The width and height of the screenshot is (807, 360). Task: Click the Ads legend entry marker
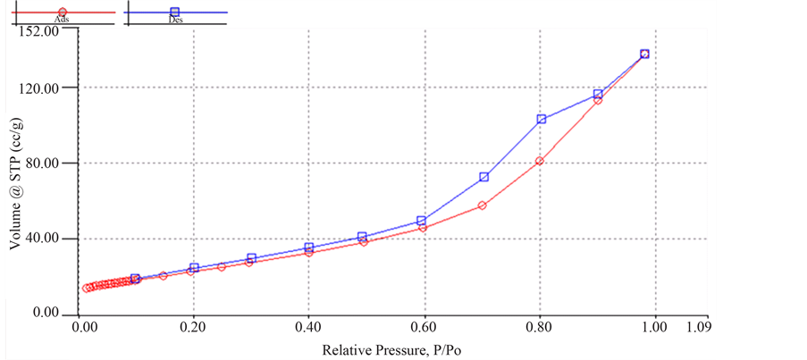point(62,13)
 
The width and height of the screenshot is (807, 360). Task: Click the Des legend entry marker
point(175,13)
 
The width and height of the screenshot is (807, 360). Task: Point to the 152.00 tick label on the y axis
point(38,31)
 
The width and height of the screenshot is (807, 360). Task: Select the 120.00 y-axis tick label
point(38,88)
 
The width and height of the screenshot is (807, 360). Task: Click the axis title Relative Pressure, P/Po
point(392,348)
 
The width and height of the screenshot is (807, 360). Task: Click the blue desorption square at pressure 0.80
point(541,119)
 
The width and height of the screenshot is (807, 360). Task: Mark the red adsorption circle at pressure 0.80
point(540,161)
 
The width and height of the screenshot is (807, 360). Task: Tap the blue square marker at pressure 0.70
point(483,177)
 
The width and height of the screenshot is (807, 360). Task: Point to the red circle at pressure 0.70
point(483,205)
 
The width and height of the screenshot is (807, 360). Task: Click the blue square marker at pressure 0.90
point(599,94)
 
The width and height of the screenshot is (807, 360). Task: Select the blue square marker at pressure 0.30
point(252,258)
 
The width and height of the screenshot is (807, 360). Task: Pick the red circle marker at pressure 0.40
point(309,252)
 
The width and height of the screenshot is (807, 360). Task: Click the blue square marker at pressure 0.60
point(422,220)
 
